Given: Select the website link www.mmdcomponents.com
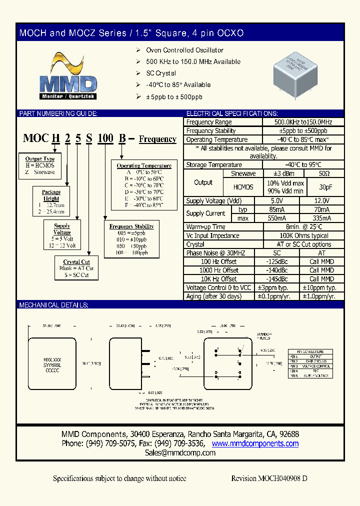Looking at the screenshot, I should tap(255, 443).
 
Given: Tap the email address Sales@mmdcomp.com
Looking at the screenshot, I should tap(180, 452).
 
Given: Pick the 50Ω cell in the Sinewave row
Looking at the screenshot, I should tap(324, 173).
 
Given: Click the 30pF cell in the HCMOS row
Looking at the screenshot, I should tap(324, 187).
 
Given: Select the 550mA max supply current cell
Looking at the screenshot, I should tap(283, 218).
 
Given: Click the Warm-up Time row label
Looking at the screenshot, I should tap(205, 227).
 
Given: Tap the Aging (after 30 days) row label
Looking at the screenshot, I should tap(213, 296).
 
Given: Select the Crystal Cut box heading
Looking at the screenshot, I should tap(76, 262).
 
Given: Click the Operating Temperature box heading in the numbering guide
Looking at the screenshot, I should tap(144, 165).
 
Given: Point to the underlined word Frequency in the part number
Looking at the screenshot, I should tap(157, 139).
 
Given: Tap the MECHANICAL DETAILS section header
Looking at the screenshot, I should tap(53, 305).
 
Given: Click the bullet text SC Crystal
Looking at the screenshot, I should tap(161, 73).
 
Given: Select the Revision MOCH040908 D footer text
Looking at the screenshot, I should tap(269, 478).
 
